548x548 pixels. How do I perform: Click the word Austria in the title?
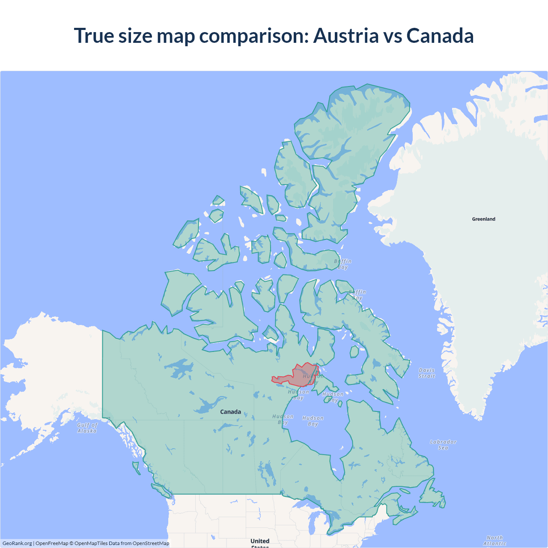point(346,36)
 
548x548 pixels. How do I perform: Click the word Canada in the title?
point(440,36)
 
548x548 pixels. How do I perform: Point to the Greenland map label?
point(483,219)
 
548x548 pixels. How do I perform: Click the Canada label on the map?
point(230,412)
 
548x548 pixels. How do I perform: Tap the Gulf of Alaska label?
point(87,428)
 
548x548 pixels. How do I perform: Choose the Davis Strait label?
point(426,373)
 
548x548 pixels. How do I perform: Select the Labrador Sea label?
point(443,444)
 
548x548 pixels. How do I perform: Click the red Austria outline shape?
point(300,376)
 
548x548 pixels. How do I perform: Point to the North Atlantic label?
point(494,541)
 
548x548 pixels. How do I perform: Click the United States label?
point(260,542)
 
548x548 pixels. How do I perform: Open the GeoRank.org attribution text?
point(17,543)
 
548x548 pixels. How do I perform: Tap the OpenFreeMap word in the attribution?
point(51,543)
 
